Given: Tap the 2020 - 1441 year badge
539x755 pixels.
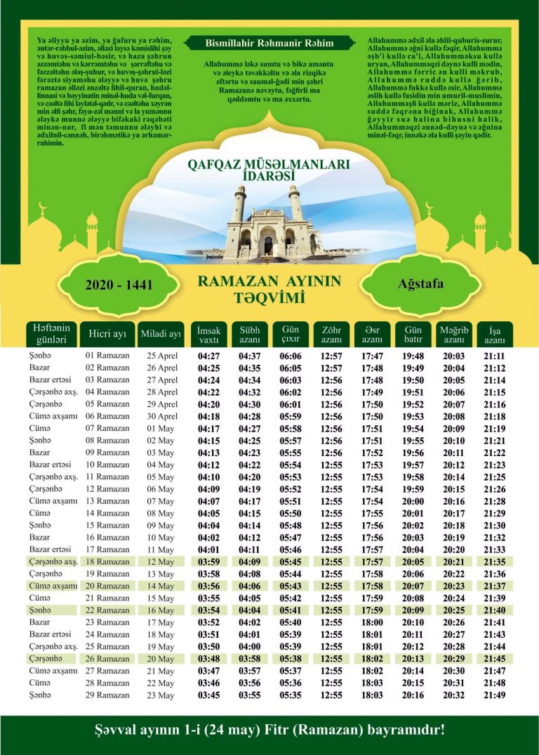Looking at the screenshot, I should (x=119, y=286).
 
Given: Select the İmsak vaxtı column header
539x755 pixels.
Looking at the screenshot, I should (x=209, y=335).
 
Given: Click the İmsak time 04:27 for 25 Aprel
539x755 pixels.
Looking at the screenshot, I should (x=209, y=356).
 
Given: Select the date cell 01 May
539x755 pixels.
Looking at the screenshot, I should (x=161, y=429).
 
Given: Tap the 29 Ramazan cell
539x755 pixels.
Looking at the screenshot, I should (x=107, y=695).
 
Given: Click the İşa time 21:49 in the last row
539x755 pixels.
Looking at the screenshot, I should (x=495, y=695).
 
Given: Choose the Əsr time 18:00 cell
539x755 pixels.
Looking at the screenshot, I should (x=372, y=622).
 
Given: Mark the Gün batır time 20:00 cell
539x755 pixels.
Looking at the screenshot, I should (x=413, y=501).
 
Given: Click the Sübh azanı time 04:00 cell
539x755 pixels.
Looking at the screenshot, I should (x=250, y=647).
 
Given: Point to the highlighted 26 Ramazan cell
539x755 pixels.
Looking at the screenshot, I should (x=107, y=659).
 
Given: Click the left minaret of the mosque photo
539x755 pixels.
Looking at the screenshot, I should (x=239, y=203).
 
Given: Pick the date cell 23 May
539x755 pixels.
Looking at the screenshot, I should (x=161, y=695).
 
